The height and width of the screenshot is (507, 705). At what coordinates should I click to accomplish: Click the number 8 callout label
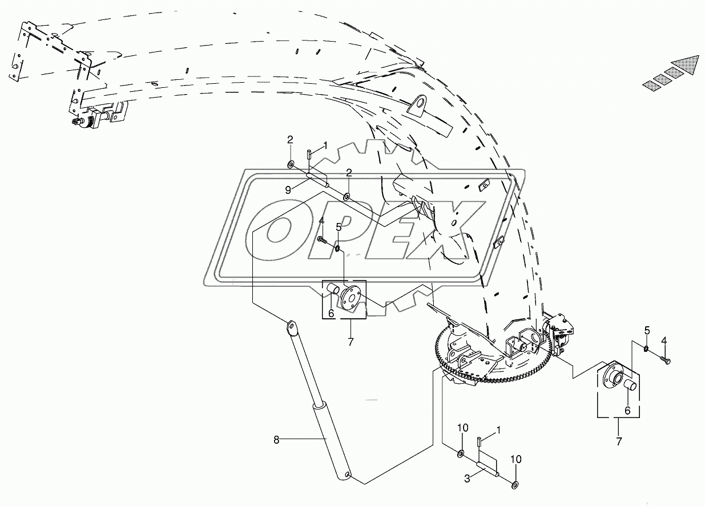coord(276,439)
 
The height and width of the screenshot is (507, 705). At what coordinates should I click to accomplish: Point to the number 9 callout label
coord(288,190)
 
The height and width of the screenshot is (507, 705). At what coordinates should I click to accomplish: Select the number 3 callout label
coord(467,479)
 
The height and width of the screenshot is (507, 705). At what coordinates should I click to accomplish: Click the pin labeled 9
coord(317,180)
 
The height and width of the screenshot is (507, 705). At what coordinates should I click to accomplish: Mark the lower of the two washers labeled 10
coord(515,485)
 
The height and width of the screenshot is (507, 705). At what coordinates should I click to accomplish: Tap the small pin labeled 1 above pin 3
coord(478,441)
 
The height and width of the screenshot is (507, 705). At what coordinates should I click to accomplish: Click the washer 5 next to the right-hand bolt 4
coord(646,349)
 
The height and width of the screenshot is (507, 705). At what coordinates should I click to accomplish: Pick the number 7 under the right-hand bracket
coord(619,441)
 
